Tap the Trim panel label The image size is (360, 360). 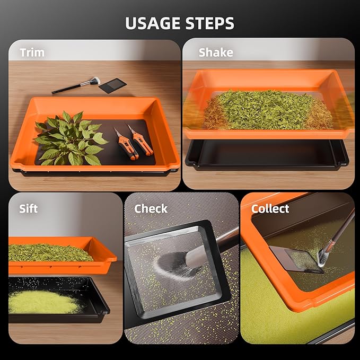[x=32, y=52]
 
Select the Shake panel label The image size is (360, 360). [x=216, y=52]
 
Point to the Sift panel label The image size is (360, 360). [x=28, y=208]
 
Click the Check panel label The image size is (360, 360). [x=151, y=208]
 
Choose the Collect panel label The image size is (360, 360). [x=270, y=208]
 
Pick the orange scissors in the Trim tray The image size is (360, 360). [x=133, y=143]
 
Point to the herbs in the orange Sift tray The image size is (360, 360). [x=50, y=252]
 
